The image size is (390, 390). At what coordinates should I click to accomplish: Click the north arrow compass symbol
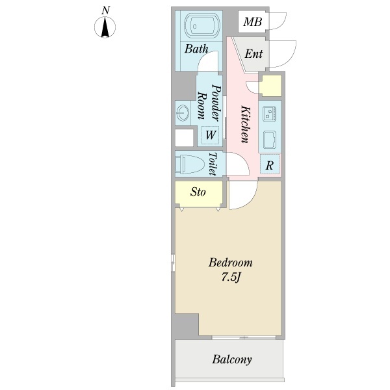click(105, 27)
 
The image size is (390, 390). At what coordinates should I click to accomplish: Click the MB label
click(252, 22)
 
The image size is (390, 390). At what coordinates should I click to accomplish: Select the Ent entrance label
click(253, 54)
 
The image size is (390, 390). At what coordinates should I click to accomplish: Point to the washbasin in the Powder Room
click(183, 113)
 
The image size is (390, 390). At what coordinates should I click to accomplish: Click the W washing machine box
click(211, 135)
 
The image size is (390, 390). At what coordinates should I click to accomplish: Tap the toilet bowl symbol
click(189, 164)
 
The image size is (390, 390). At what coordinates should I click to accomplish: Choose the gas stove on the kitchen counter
click(270, 114)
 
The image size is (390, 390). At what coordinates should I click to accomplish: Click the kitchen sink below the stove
click(270, 140)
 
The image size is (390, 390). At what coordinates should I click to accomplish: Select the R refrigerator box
click(270, 164)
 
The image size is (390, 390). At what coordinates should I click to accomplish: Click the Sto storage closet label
click(198, 192)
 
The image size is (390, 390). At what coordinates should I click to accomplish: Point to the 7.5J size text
click(231, 278)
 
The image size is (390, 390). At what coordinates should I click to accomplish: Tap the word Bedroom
click(231, 263)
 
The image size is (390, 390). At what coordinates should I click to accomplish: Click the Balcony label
click(232, 359)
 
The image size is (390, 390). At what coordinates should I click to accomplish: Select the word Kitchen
click(245, 124)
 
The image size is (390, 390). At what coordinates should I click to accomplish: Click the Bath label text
click(196, 49)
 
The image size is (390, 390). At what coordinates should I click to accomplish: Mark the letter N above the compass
click(106, 10)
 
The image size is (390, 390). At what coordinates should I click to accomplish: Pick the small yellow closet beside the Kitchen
click(270, 86)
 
